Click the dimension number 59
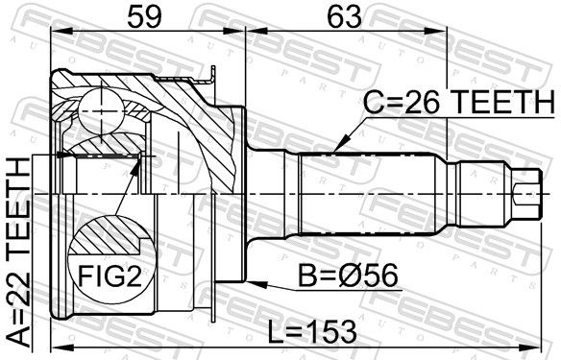tap(144, 17)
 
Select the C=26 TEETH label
tap(459, 102)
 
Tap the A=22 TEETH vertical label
tap(19, 252)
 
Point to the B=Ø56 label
tap(348, 276)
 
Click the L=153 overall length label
tap(313, 331)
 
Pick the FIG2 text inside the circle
tap(110, 276)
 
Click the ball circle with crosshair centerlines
tap(102, 112)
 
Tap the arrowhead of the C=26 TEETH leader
tap(340, 144)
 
